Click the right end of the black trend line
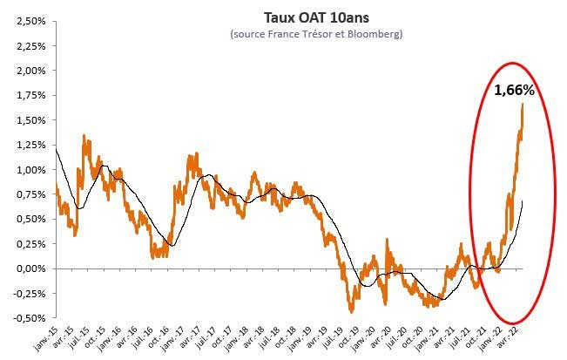[522, 202]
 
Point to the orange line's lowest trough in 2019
[351, 309]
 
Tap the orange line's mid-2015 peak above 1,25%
[84, 136]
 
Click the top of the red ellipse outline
[514, 63]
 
